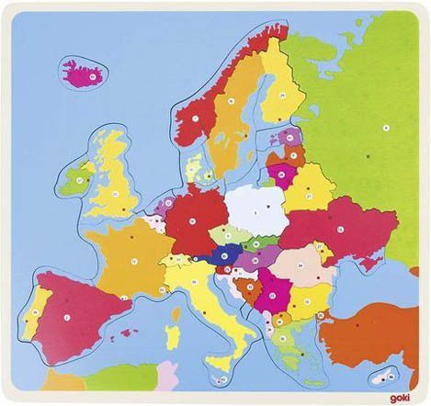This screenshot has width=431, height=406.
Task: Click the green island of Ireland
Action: coord(75,180)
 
